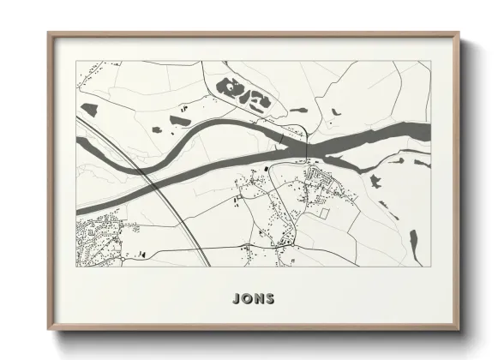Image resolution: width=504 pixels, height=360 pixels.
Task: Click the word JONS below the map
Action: (x=252, y=298)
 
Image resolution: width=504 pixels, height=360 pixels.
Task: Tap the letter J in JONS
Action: (x=236, y=298)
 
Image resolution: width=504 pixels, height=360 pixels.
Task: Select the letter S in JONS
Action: (x=269, y=298)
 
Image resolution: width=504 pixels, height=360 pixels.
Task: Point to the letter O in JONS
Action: (x=246, y=298)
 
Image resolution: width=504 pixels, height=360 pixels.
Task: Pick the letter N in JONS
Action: (x=258, y=298)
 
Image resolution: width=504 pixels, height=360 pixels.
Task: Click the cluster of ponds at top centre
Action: (x=244, y=95)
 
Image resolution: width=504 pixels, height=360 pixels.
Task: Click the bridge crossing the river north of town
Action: (x=306, y=146)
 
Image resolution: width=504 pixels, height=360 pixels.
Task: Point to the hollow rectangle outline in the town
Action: (x=323, y=211)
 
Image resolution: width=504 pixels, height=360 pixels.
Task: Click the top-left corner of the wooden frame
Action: (x=49, y=33)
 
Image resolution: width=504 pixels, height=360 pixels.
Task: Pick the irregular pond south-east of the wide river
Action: (x=375, y=179)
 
